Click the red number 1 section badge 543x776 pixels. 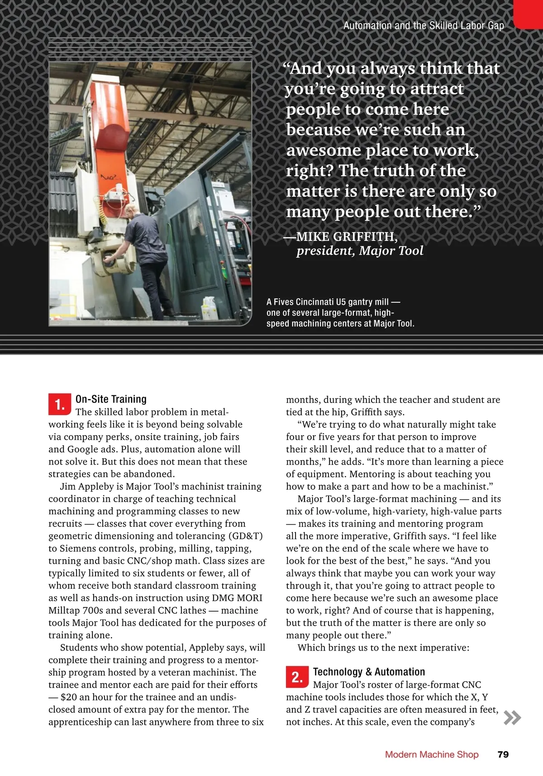click(x=60, y=404)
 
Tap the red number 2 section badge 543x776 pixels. click(x=297, y=677)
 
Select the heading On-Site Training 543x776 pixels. click(x=111, y=399)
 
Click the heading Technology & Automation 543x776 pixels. click(x=369, y=672)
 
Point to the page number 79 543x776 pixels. click(x=503, y=754)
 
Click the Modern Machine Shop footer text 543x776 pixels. click(x=431, y=754)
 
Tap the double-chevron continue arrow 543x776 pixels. click(x=512, y=718)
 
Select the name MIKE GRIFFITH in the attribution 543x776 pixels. click(x=347, y=237)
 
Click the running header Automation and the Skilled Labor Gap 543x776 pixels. click(x=424, y=26)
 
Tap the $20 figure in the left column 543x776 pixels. click(x=69, y=697)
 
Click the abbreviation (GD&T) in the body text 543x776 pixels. click(x=245, y=536)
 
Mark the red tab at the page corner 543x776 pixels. click(x=528, y=14)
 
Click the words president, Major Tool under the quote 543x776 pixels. click(x=360, y=251)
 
